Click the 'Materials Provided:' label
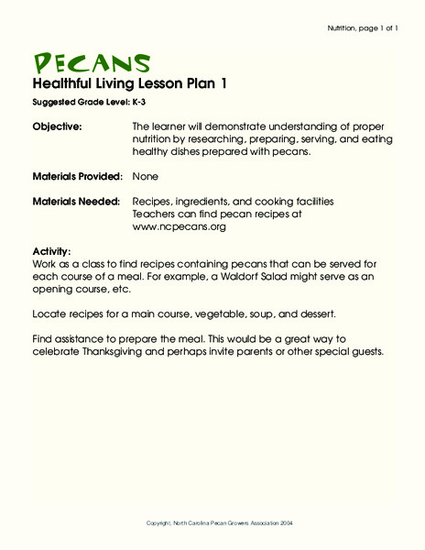click(x=77, y=174)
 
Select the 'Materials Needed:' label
click(x=75, y=200)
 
